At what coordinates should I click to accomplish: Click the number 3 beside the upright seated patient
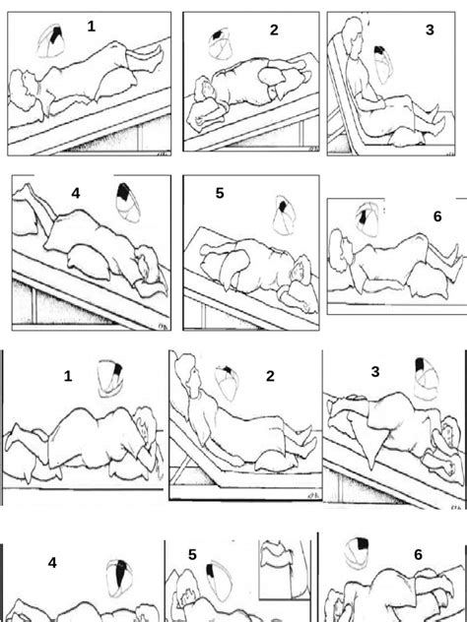[430, 30]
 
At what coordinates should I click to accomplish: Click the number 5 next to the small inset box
[193, 555]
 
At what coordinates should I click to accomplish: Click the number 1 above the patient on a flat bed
[68, 376]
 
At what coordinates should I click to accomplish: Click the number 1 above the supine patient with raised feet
[92, 27]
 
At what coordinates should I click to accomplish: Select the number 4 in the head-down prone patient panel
[75, 194]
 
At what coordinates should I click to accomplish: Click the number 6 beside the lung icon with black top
[418, 555]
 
